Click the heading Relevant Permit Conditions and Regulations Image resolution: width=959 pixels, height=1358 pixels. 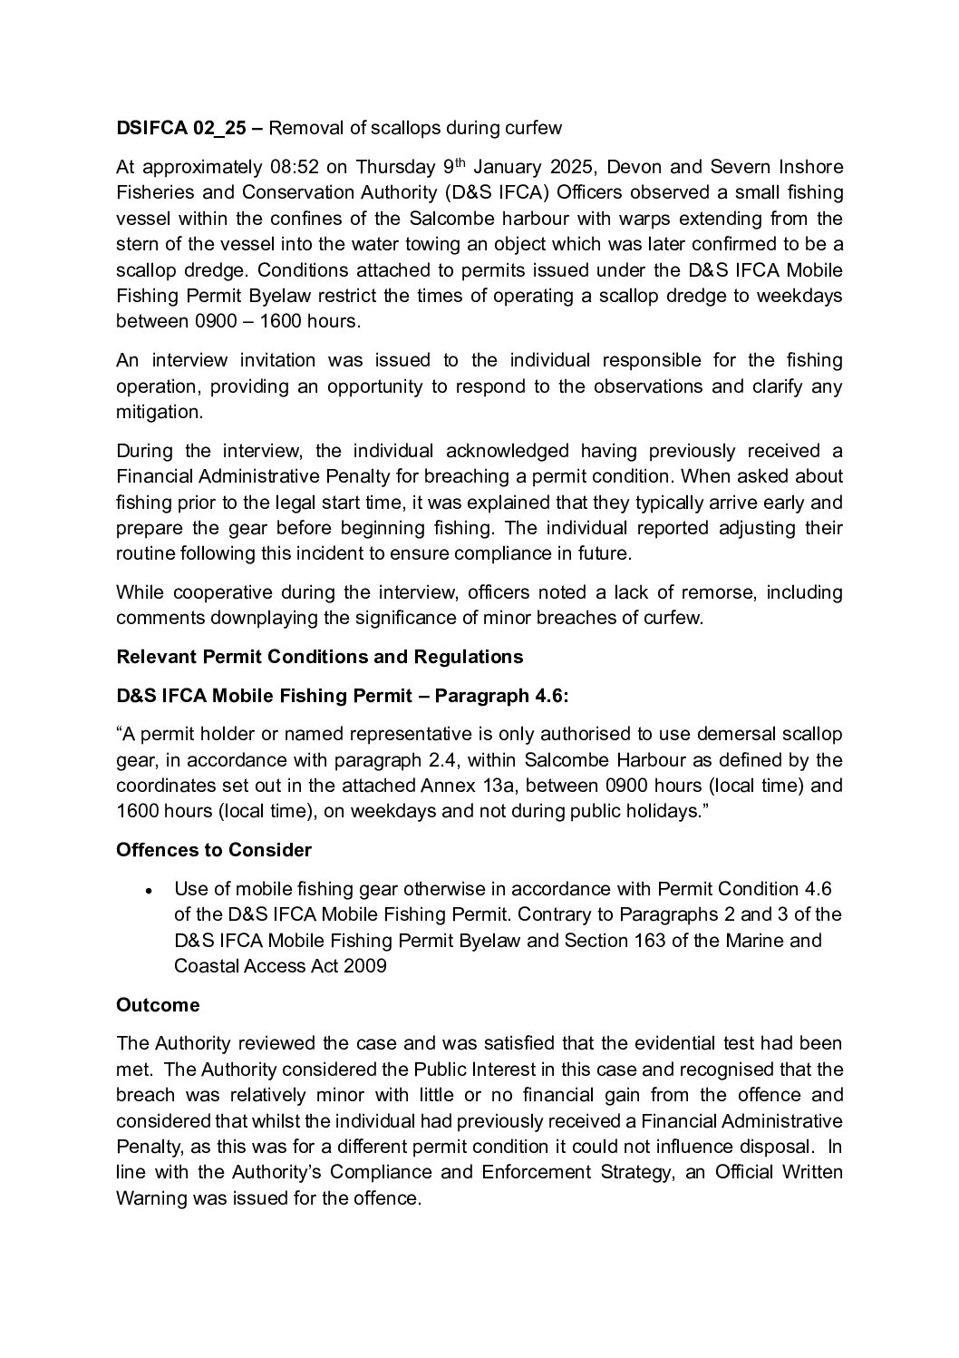tap(319, 656)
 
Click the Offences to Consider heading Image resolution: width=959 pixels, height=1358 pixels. tap(214, 850)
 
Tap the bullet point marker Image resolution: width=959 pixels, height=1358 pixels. tap(148, 891)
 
